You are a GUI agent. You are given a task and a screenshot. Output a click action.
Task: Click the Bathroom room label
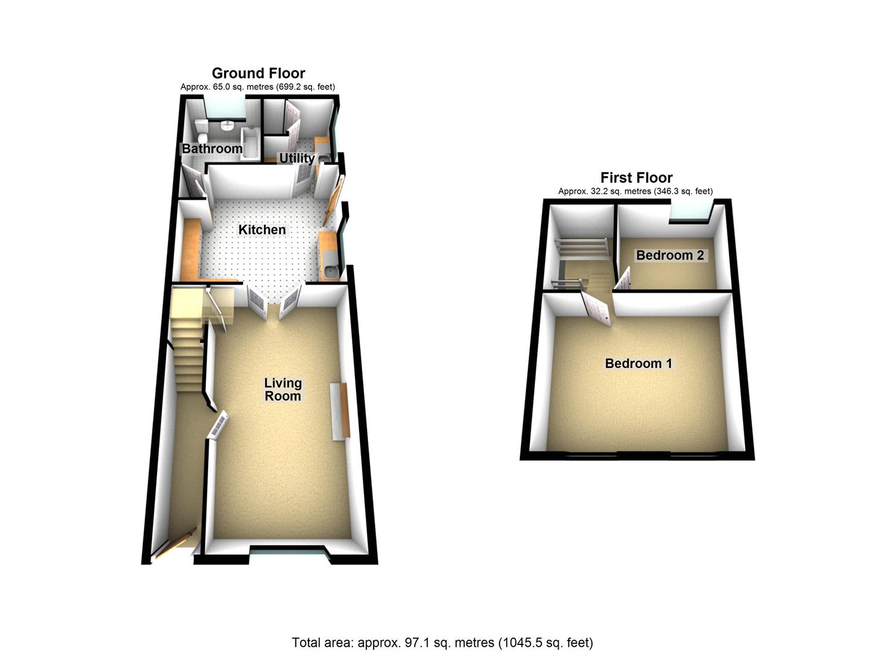(212, 148)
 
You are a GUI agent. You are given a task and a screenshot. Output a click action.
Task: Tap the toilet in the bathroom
(201, 127)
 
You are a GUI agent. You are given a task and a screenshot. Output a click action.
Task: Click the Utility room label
(297, 158)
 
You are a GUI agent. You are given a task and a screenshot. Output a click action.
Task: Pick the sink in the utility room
(323, 158)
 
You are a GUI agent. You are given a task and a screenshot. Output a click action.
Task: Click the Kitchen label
(262, 230)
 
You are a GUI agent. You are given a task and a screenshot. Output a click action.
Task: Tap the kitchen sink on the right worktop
(330, 271)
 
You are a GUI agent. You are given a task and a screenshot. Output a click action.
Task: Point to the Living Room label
(283, 389)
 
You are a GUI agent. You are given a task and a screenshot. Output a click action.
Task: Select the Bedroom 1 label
(638, 363)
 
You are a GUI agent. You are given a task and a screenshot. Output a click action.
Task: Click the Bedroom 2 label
(670, 255)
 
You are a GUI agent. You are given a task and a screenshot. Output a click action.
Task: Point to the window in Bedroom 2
(691, 211)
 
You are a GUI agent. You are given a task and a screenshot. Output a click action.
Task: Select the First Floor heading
(636, 178)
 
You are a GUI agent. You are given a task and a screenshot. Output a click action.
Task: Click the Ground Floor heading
(258, 74)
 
